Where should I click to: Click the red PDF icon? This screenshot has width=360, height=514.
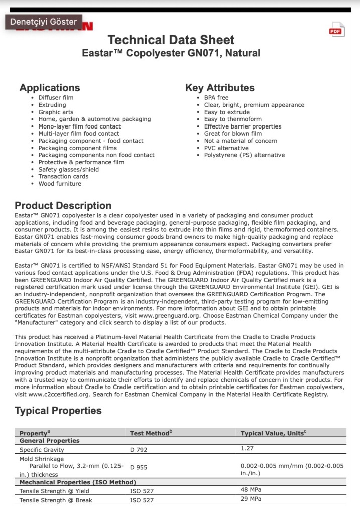click(x=336, y=30)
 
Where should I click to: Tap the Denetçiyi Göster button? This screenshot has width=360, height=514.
click(x=44, y=22)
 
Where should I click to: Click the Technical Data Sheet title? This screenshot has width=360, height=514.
click(x=171, y=40)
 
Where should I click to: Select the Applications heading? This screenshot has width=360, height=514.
click(x=50, y=88)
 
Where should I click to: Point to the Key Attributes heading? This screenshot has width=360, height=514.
click(x=219, y=88)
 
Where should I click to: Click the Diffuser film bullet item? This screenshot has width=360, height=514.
click(x=56, y=98)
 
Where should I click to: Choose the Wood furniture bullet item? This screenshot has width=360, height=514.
click(x=60, y=184)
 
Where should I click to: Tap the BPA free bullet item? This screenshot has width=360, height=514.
click(x=216, y=98)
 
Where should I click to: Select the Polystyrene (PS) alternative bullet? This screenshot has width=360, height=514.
click(x=244, y=155)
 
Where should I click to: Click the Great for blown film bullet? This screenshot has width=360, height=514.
click(x=232, y=134)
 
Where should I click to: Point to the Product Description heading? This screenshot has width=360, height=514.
click(x=63, y=206)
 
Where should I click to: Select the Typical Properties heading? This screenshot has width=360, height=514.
click(x=58, y=411)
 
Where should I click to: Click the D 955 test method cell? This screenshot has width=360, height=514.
click(x=139, y=467)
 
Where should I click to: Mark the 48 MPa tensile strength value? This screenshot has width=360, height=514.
click(x=251, y=490)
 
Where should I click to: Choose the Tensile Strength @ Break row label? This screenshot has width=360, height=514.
click(x=56, y=500)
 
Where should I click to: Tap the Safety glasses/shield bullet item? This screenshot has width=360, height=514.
click(x=68, y=169)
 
